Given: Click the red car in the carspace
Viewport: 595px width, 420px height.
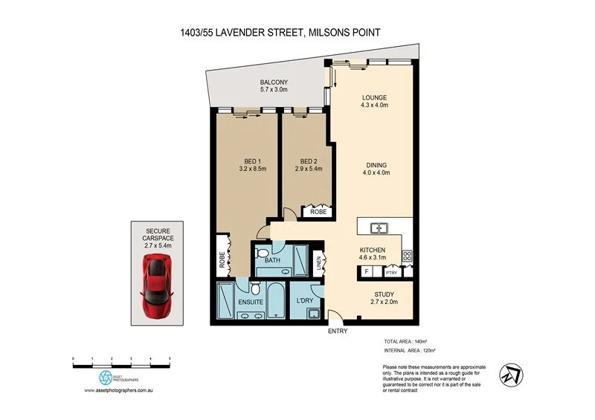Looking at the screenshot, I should click(156, 285).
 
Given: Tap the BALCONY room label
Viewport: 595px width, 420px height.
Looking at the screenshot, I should click(274, 83).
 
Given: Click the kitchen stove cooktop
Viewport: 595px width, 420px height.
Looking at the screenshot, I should click(408, 256).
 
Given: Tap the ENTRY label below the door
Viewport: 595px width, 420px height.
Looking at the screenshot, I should click(337, 331).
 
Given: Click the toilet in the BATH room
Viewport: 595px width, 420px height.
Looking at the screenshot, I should click(261, 254).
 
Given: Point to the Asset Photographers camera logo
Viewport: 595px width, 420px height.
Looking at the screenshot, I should click(106, 377).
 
